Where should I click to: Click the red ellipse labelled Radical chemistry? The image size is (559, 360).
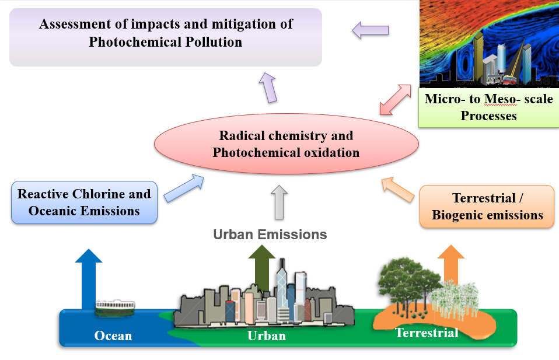(x=287, y=144)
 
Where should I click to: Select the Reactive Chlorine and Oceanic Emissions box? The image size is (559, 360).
(x=84, y=202)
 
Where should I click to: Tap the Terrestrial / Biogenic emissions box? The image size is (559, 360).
(x=487, y=207)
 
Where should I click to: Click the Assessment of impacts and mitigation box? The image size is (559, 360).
(x=166, y=37)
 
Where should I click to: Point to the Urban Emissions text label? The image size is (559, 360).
(x=270, y=235)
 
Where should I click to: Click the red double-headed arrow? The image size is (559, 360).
(x=396, y=99)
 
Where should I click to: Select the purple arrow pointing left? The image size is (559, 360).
(x=371, y=30)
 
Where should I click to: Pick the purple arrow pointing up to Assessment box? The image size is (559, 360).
(x=268, y=88)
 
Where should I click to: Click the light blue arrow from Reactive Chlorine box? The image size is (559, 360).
(x=184, y=188)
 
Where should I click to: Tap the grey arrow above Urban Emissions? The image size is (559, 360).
(x=279, y=202)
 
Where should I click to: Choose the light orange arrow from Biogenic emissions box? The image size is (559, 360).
(x=398, y=190)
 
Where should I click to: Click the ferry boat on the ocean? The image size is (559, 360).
(x=115, y=308)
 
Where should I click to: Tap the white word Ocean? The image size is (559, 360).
(x=113, y=335)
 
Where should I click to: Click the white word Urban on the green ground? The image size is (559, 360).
(x=267, y=335)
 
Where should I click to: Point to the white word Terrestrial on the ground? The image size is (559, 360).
(x=427, y=333)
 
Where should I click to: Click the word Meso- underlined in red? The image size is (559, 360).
(x=501, y=99)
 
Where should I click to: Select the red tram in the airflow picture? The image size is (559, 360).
(x=509, y=80)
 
